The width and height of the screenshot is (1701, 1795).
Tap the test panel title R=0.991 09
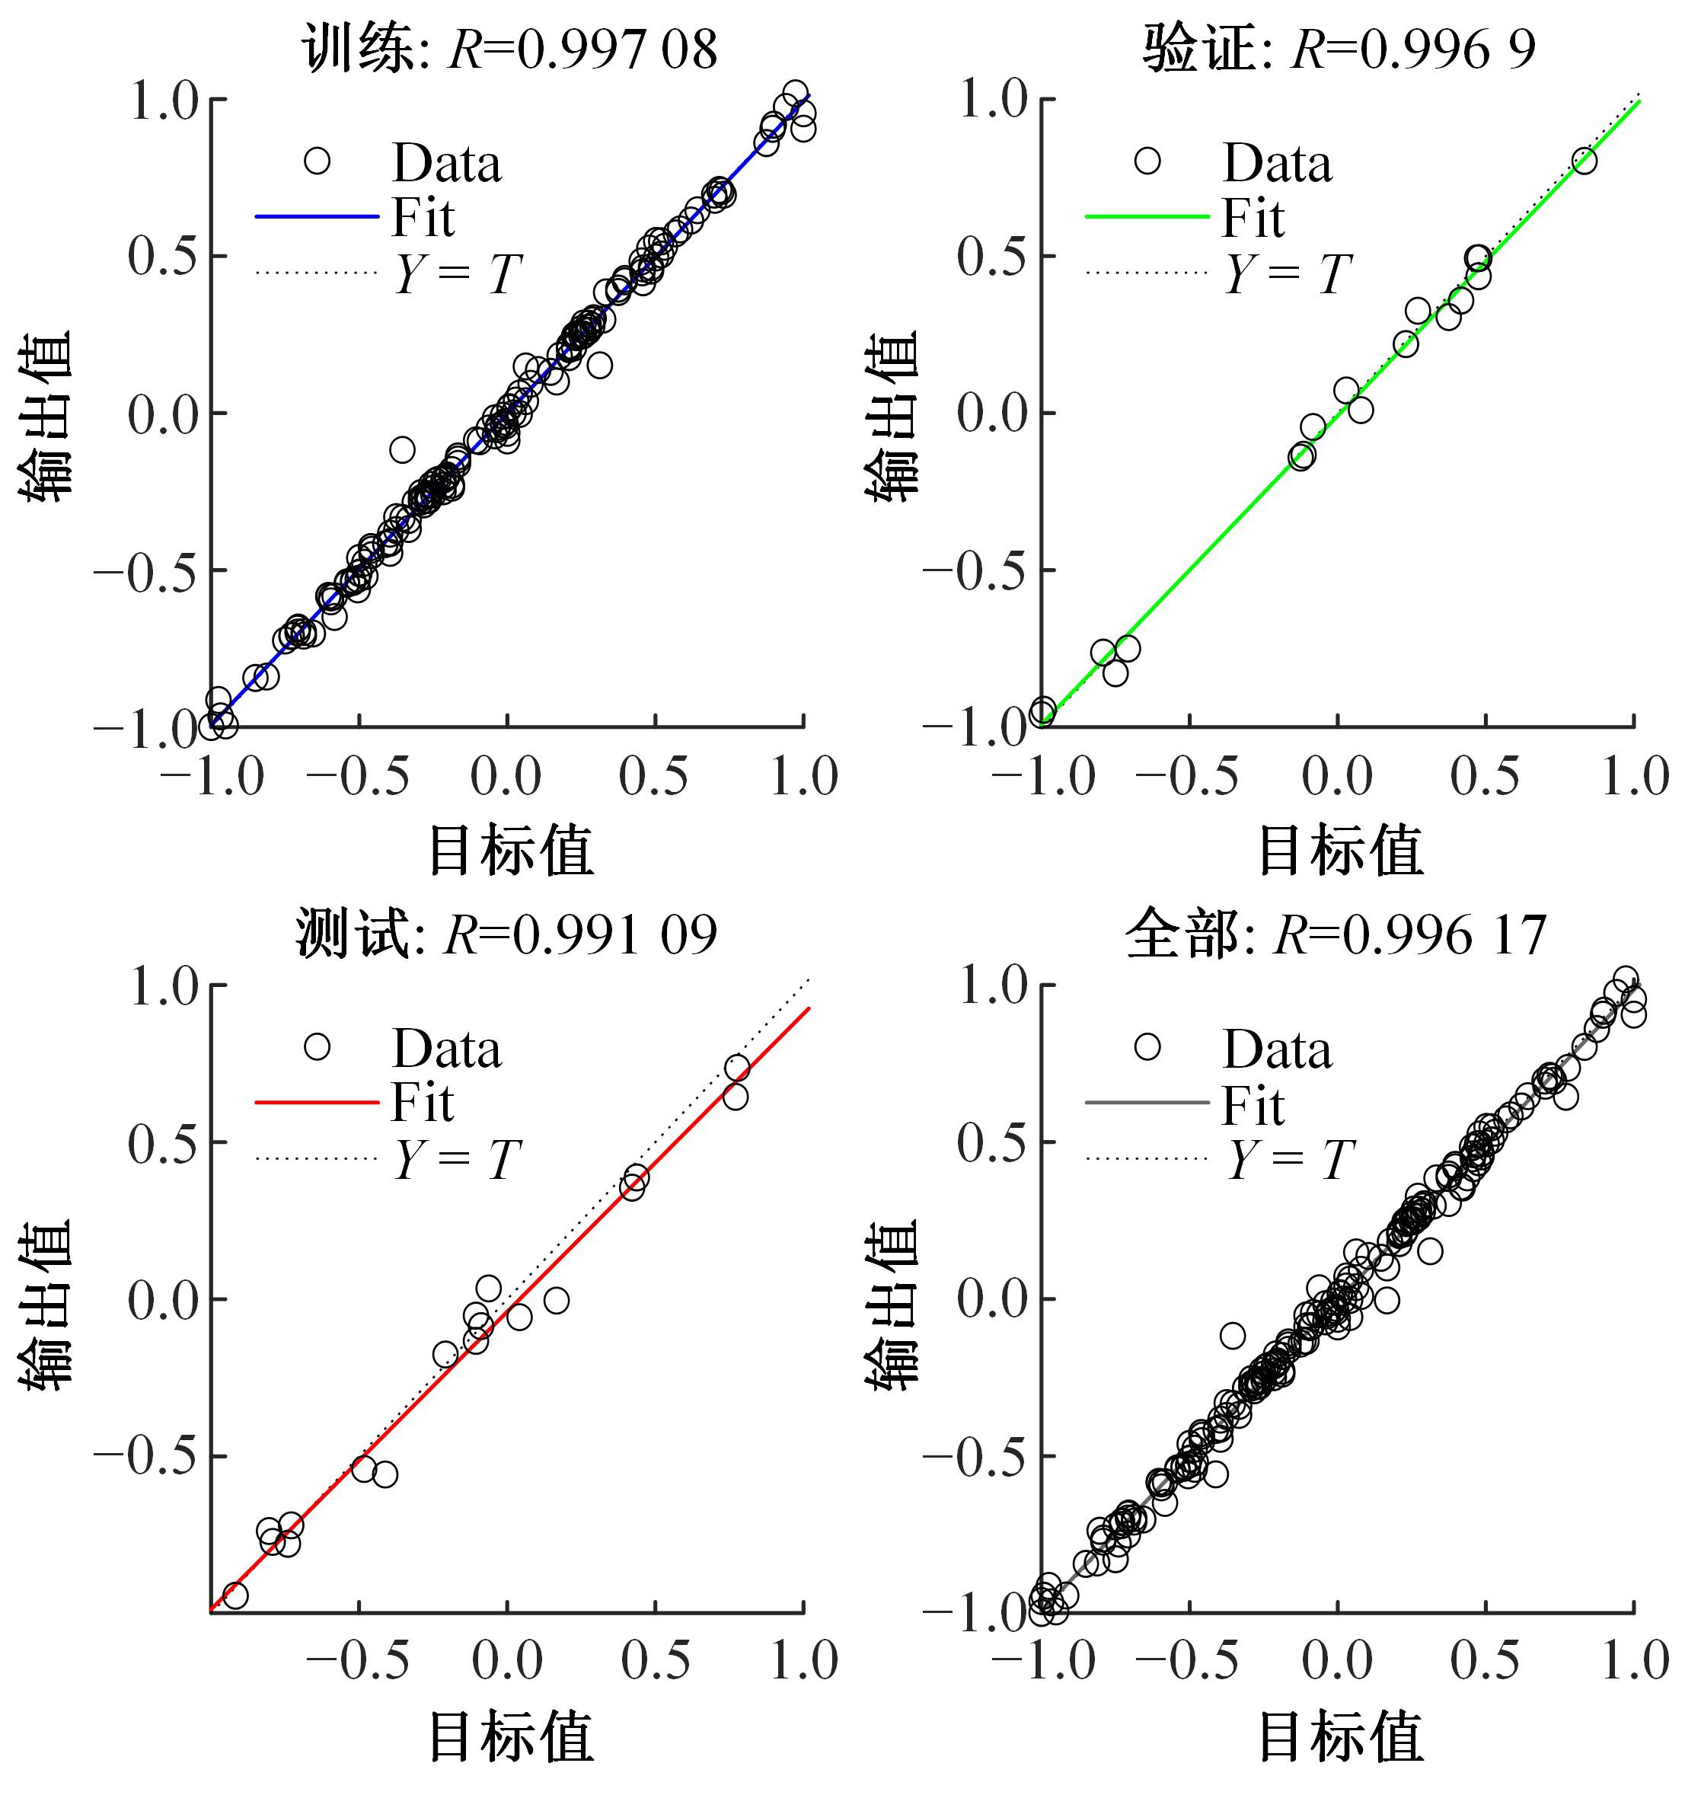506,935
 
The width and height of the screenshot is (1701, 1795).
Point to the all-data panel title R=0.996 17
1336,935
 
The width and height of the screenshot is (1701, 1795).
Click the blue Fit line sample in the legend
317,217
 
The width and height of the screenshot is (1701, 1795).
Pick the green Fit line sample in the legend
1147,217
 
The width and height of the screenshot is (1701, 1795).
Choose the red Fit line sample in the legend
317,1103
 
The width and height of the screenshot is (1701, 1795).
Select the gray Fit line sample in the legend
1147,1103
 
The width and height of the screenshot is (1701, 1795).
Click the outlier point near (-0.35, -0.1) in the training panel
403,449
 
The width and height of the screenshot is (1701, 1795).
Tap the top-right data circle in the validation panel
1584,161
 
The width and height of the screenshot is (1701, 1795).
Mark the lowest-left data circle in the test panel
235,1595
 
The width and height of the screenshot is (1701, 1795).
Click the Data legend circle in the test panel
317,1046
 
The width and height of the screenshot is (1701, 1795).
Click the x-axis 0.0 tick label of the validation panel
1337,777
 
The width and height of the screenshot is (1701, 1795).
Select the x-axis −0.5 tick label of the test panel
358,1662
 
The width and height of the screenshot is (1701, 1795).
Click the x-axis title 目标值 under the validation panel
1340,851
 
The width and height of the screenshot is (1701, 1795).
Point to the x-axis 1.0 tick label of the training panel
804,777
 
